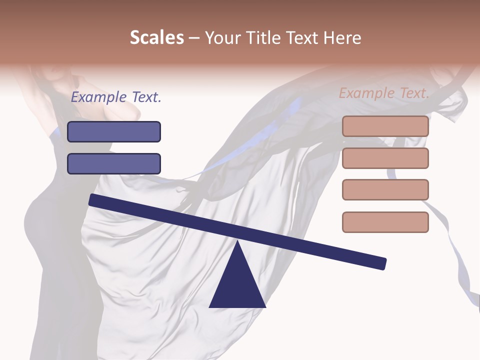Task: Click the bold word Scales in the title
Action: tap(156, 38)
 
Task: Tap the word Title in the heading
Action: tap(264, 38)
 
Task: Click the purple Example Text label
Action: tap(116, 97)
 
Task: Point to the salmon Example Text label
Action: tap(384, 92)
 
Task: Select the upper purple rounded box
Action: tap(114, 131)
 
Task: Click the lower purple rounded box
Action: tap(114, 163)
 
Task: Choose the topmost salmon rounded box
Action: tap(385, 126)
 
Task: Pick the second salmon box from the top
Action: tap(385, 158)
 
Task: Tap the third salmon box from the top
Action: tap(385, 189)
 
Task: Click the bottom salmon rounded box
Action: tap(385, 222)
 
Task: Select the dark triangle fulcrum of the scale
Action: tap(237, 285)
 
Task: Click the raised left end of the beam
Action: tap(93, 200)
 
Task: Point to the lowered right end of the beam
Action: tap(382, 263)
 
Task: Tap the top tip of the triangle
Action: tap(237, 242)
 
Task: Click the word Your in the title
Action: tap(223, 38)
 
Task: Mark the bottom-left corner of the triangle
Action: tap(210, 306)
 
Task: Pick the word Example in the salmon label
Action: tap(366, 92)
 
